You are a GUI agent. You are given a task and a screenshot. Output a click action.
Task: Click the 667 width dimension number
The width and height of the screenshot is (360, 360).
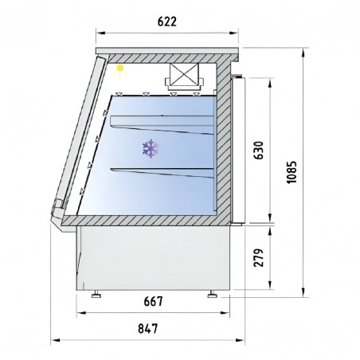point(155,302)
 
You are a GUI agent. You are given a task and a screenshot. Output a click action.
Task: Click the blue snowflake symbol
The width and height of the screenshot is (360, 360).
point(149,147)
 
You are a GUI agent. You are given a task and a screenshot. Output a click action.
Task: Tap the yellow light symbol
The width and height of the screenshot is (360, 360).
point(120,69)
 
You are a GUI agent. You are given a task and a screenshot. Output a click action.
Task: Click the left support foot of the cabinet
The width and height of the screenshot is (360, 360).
point(97,294)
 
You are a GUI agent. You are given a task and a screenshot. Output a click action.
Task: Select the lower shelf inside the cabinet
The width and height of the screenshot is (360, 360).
point(163,171)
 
